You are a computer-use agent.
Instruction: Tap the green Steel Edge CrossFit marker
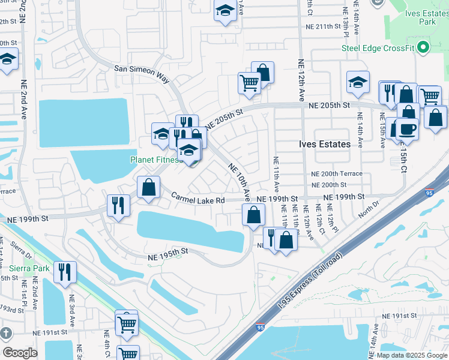(423, 47)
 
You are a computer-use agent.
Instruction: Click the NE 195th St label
(168, 254)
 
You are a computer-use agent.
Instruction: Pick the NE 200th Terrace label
(337, 173)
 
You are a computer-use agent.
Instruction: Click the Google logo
(20, 353)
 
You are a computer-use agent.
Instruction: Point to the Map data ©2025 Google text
(411, 355)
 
